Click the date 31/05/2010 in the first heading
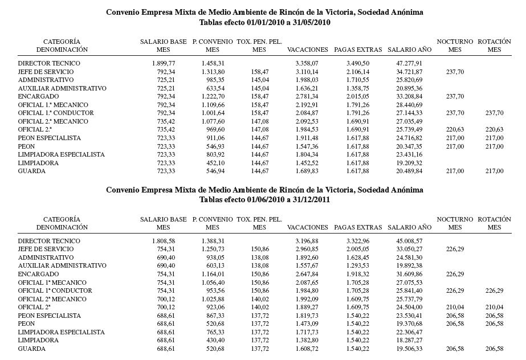pyautogui.click(x=312, y=23)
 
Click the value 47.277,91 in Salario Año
pyautogui.click(x=409, y=64)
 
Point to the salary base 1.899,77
pyautogui.click(x=164, y=64)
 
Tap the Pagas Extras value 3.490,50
pyautogui.click(x=357, y=64)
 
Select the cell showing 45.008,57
pyautogui.click(x=409, y=241)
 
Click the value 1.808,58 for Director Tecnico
pyautogui.click(x=164, y=241)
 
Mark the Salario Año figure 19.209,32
pyautogui.click(x=409, y=163)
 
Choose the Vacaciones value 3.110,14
pyautogui.click(x=307, y=72)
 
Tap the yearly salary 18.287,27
pyautogui.click(x=409, y=340)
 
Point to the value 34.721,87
pyautogui.click(x=409, y=72)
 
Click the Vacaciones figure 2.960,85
pyautogui.click(x=307, y=249)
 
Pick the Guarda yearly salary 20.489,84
pyautogui.click(x=409, y=171)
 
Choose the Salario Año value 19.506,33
pyautogui.click(x=409, y=349)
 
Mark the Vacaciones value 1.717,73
pyautogui.click(x=307, y=332)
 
